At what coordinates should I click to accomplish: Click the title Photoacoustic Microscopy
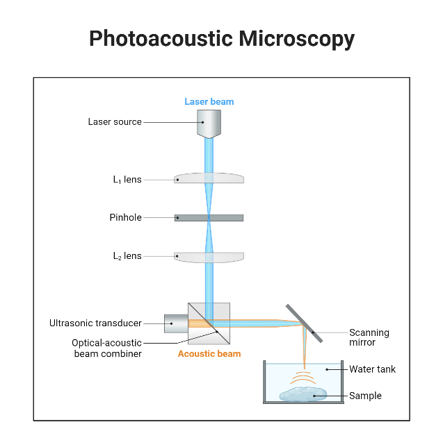tap(221, 39)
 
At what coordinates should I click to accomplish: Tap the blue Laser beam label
tap(209, 102)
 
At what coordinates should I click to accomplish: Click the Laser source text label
tap(115, 122)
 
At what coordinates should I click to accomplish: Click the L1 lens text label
tap(127, 180)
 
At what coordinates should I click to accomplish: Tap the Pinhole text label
tap(125, 217)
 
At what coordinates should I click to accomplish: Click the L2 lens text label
tap(127, 256)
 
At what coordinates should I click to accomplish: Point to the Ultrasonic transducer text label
tap(95, 323)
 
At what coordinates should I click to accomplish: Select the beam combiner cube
tap(209, 323)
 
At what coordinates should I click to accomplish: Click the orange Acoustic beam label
tap(209, 354)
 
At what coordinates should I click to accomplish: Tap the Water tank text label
tap(372, 369)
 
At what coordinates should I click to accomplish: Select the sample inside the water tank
tap(303, 394)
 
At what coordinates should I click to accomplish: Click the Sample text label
tap(365, 396)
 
